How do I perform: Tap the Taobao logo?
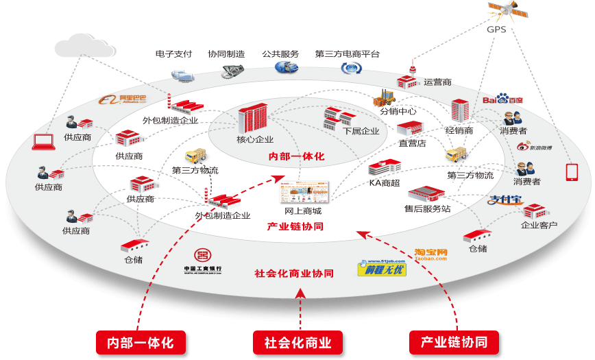pyautogui.click(x=430, y=255)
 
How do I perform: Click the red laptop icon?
pyautogui.click(x=44, y=142)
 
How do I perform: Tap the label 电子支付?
pyautogui.click(x=173, y=53)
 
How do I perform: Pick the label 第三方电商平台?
pyautogui.click(x=348, y=53)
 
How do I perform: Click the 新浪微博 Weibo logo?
pyautogui.click(x=535, y=145)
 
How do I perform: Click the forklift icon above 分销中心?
pyautogui.click(x=384, y=97)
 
